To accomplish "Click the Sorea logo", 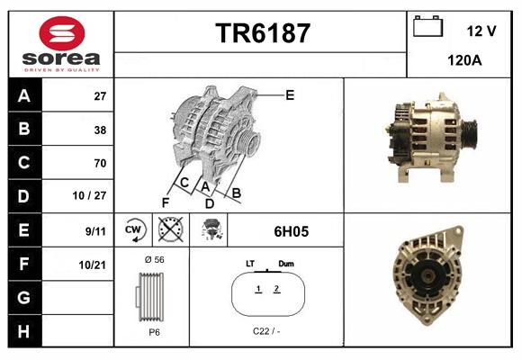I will [61, 44].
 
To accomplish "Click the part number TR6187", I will [263, 34].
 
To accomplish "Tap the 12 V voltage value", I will [481, 31].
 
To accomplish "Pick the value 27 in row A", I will [100, 96].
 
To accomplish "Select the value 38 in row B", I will [100, 130].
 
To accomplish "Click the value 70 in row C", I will [100, 163].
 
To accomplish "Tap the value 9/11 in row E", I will [96, 230].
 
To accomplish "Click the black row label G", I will [23, 297].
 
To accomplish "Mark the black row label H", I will [23, 330].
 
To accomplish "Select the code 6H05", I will [291, 231].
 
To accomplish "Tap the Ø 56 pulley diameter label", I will [153, 259].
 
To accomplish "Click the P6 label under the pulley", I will [154, 331].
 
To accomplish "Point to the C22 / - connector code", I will [266, 331].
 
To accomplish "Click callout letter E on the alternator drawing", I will [290, 94].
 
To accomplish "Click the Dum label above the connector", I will [286, 264].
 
